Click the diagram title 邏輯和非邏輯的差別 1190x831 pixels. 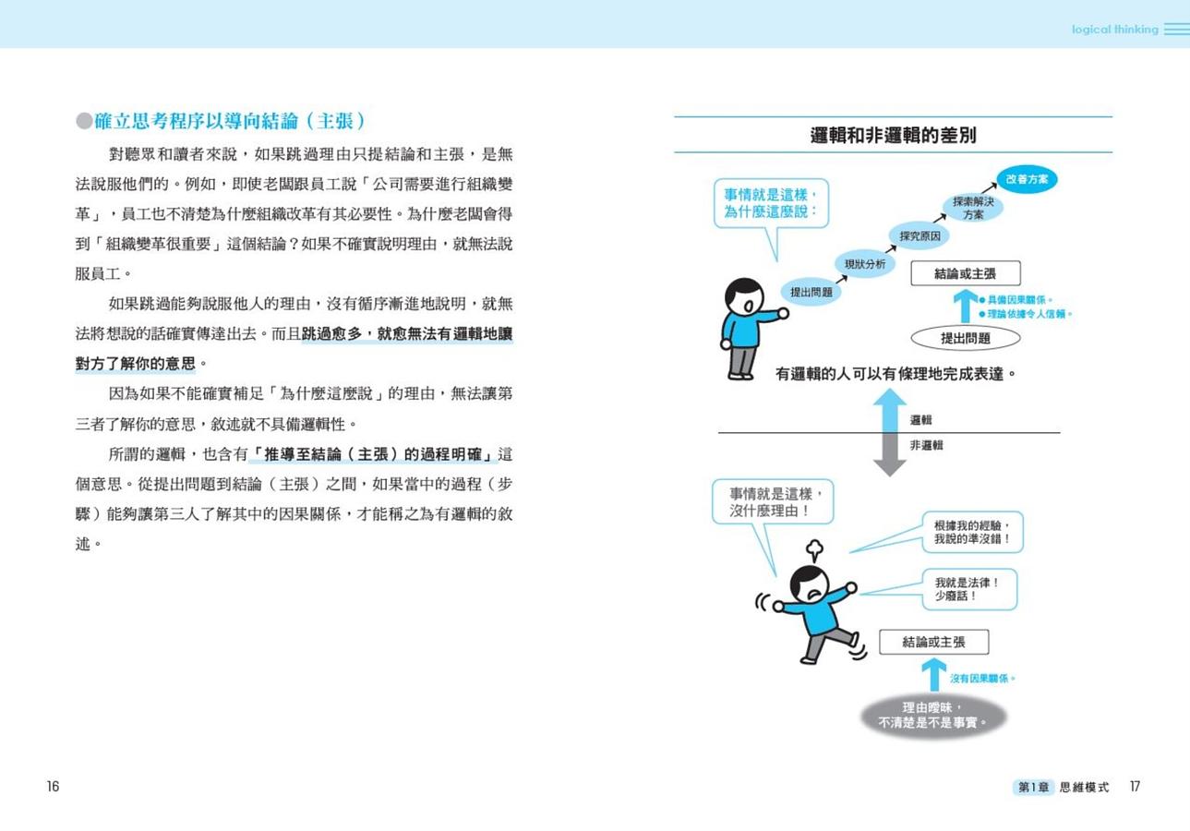pos(893,136)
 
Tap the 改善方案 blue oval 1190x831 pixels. pos(1027,179)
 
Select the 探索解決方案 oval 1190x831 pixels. pos(973,208)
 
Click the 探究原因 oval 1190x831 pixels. pos(920,236)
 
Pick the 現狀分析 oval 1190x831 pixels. pos(865,264)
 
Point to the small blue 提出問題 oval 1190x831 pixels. pos(811,292)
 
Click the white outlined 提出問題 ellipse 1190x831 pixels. pos(966,338)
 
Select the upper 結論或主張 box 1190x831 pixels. pos(966,274)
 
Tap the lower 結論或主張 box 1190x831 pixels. pos(934,643)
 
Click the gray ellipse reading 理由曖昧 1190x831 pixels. pos(932,716)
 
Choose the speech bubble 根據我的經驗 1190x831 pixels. pos(972,532)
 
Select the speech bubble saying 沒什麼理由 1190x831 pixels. pos(774,501)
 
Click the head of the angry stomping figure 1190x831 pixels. pos(809,584)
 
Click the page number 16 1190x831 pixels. pos(53,787)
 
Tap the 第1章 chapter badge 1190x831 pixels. pos(1033,788)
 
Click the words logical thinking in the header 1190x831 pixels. pos(1114,30)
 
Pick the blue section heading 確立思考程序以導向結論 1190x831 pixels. pos(230,121)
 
